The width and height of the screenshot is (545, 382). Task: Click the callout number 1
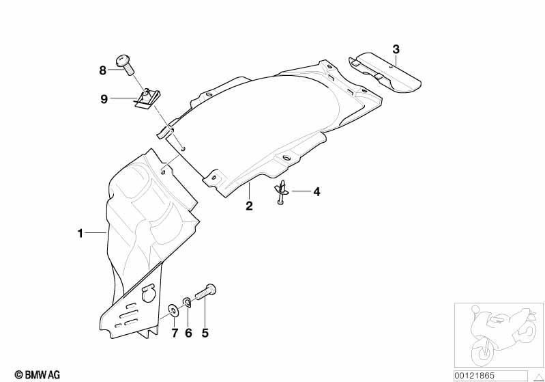pyautogui.click(x=80, y=233)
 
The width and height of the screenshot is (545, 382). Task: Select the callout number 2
pyautogui.click(x=249, y=206)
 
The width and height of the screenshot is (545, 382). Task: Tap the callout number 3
pyautogui.click(x=396, y=49)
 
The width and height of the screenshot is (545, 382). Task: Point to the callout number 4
pyautogui.click(x=316, y=191)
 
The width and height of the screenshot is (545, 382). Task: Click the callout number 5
pyautogui.click(x=205, y=333)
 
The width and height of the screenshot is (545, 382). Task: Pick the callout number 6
pyautogui.click(x=188, y=333)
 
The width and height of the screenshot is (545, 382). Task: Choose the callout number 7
pyautogui.click(x=175, y=333)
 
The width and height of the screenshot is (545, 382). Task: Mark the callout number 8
pyautogui.click(x=102, y=70)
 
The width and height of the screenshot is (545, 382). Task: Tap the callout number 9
pyautogui.click(x=104, y=99)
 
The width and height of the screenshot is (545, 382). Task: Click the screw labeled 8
pyautogui.click(x=124, y=64)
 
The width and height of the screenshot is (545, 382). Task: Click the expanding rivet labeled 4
pyautogui.click(x=281, y=192)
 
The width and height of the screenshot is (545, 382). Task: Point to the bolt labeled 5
pyautogui.click(x=205, y=292)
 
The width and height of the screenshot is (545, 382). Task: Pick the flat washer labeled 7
pyautogui.click(x=173, y=310)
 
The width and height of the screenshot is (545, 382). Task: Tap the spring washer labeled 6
pyautogui.click(x=187, y=302)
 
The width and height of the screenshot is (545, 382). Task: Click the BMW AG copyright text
pyautogui.click(x=38, y=374)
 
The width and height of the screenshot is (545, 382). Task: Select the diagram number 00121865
pyautogui.click(x=474, y=376)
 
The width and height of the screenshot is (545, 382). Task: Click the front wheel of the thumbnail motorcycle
pyautogui.click(x=483, y=351)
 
